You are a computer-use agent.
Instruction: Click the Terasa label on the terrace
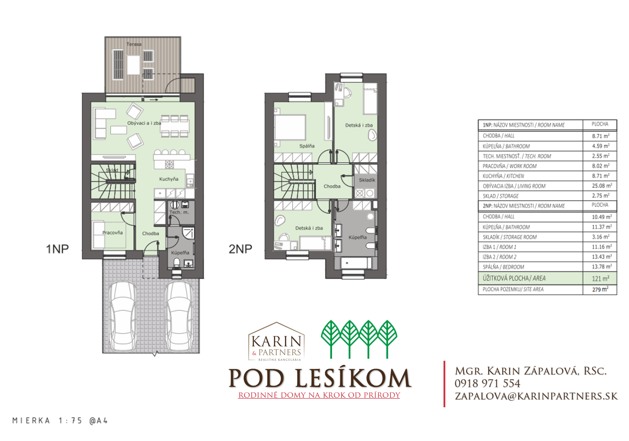tap(134, 44)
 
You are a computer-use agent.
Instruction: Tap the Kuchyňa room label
tap(169, 179)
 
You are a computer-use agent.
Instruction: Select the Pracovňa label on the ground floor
tap(112, 232)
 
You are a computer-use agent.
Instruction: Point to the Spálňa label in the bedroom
tap(307, 146)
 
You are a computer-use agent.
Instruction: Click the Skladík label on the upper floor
tap(367, 180)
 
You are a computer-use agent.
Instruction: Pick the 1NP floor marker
tap(57, 249)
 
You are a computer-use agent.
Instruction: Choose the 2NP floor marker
tap(240, 249)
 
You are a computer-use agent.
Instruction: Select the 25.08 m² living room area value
tap(602, 186)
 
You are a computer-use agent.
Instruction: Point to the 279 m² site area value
tap(600, 289)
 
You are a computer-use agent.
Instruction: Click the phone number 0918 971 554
tap(487, 384)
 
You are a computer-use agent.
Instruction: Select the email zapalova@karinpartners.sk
tap(536, 396)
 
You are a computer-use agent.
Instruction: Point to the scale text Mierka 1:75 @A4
tap(60, 421)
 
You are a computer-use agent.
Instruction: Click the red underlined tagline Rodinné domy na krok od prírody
tap(319, 395)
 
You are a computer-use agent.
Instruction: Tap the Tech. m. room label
tap(179, 212)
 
